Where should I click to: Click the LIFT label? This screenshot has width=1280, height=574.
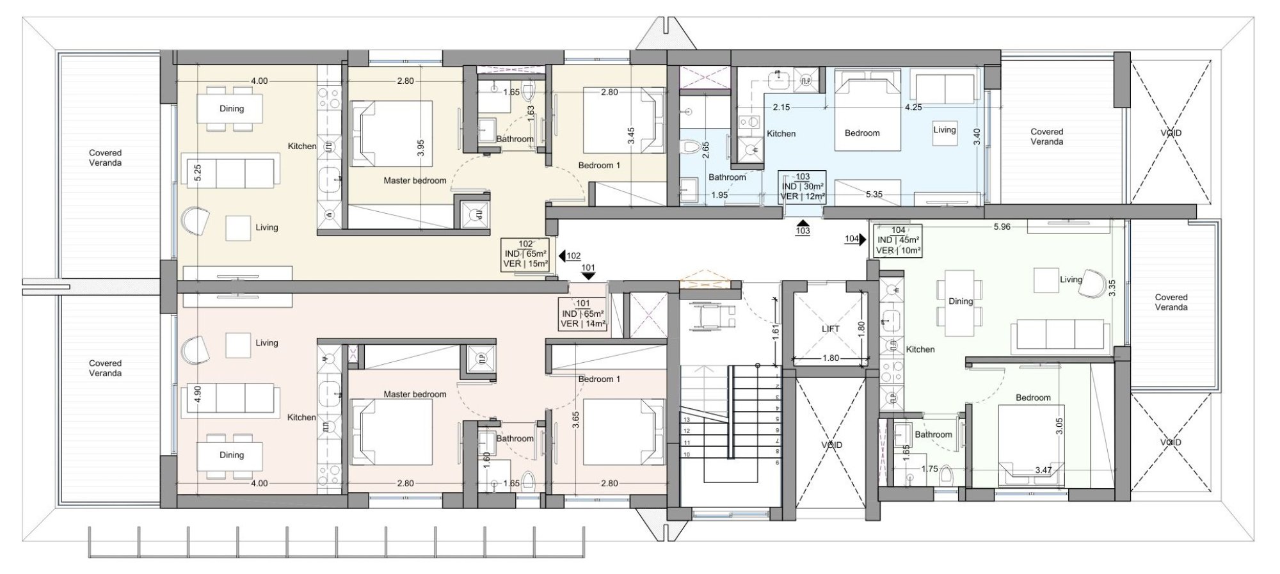coord(830,329)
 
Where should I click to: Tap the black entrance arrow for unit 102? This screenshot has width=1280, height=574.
coord(562,256)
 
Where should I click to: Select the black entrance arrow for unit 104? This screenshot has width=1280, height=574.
coord(863,239)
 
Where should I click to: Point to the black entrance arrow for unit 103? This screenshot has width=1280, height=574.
coord(803,222)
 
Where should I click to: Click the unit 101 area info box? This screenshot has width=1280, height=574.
coord(582,314)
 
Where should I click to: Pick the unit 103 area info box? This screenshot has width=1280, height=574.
coord(803,187)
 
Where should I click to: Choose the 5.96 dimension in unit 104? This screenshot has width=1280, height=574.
coord(1002,227)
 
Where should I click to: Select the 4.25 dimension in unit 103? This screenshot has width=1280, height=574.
coord(913,108)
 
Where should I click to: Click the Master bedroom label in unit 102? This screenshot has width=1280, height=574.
coord(415,180)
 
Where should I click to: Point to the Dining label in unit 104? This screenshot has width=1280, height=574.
coord(961,301)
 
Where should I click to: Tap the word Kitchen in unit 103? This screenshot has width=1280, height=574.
coord(781,134)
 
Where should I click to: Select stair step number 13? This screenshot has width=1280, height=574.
coord(687,420)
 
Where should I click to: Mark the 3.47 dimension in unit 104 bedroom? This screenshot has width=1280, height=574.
coord(1043,470)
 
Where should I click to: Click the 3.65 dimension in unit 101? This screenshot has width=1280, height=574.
coord(576,420)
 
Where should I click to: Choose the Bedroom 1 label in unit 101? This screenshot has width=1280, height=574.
coord(599,379)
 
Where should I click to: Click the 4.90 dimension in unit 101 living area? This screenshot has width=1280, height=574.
coord(198,393)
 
